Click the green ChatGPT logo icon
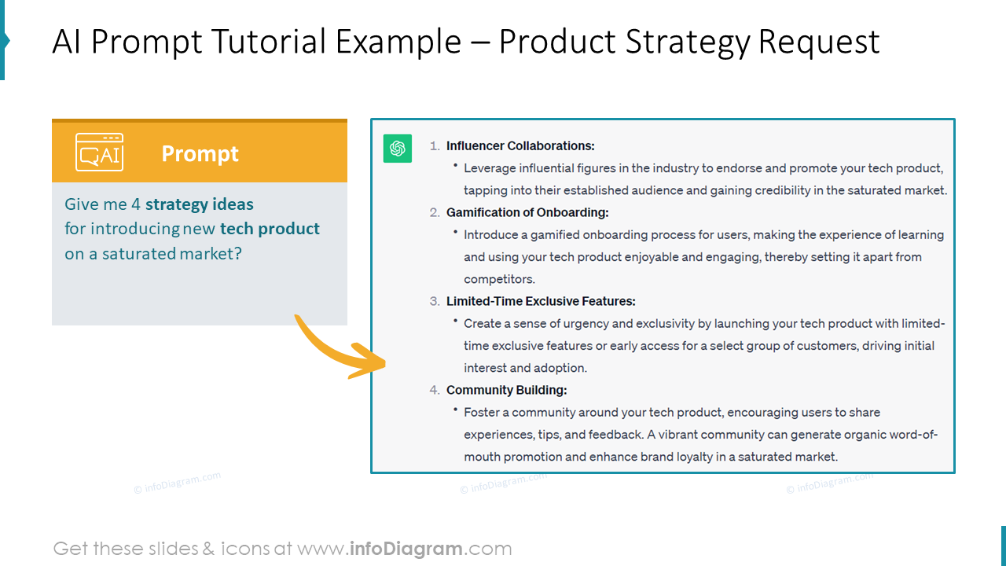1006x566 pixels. (x=398, y=149)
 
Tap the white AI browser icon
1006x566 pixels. (x=99, y=152)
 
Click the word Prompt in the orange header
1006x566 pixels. (x=200, y=154)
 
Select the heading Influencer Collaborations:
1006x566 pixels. (x=520, y=146)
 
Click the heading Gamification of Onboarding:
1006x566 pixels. (x=527, y=212)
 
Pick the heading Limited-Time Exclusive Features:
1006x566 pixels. (x=540, y=301)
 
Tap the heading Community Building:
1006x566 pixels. (x=506, y=390)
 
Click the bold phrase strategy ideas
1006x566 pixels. (x=200, y=204)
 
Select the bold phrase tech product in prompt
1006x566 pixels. (x=270, y=229)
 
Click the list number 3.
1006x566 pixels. (x=435, y=301)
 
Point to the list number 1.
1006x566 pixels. (x=435, y=146)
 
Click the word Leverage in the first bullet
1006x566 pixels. (x=490, y=168)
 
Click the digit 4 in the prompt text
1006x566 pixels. (x=136, y=204)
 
